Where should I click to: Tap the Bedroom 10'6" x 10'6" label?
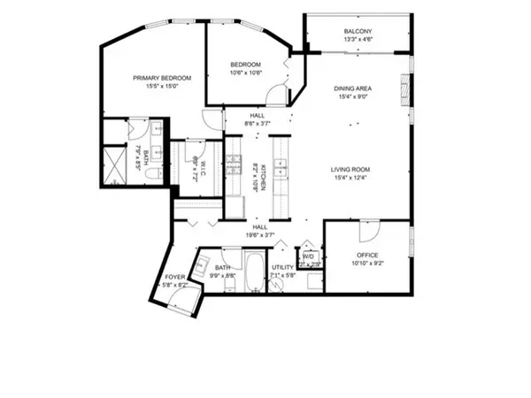(245, 65)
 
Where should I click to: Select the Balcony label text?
(358, 33)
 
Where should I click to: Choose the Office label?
(366, 256)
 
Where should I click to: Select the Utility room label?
(283, 266)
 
